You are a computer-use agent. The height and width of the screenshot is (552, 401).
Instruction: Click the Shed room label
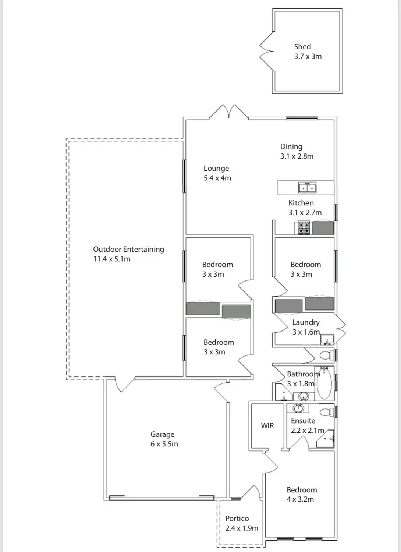(x=302, y=47)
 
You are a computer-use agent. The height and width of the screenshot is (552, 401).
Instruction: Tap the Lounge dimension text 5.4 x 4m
(x=217, y=178)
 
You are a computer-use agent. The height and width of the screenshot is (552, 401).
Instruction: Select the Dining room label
(x=291, y=146)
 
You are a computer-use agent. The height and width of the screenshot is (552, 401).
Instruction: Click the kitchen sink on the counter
(x=307, y=187)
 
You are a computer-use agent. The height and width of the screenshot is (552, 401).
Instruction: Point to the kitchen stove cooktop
(x=304, y=228)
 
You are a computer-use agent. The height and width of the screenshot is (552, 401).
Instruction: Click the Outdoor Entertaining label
(x=128, y=249)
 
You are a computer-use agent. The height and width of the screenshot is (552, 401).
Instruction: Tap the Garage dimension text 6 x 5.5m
(x=164, y=444)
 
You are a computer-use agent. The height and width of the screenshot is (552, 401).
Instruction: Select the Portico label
(x=237, y=519)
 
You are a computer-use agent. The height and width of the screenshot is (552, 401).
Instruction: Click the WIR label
(x=267, y=426)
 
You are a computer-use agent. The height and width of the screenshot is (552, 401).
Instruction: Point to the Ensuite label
(x=303, y=421)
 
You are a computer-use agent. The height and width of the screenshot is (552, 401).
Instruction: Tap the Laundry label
(x=306, y=322)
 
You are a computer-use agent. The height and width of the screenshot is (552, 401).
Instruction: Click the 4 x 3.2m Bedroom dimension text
(x=300, y=499)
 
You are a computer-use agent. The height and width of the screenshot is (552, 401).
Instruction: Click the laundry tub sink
(x=327, y=339)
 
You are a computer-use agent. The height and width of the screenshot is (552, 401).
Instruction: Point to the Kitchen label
(x=301, y=203)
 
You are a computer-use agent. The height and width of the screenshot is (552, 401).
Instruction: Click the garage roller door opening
(x=162, y=498)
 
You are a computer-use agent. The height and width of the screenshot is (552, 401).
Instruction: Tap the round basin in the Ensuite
(x=298, y=408)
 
